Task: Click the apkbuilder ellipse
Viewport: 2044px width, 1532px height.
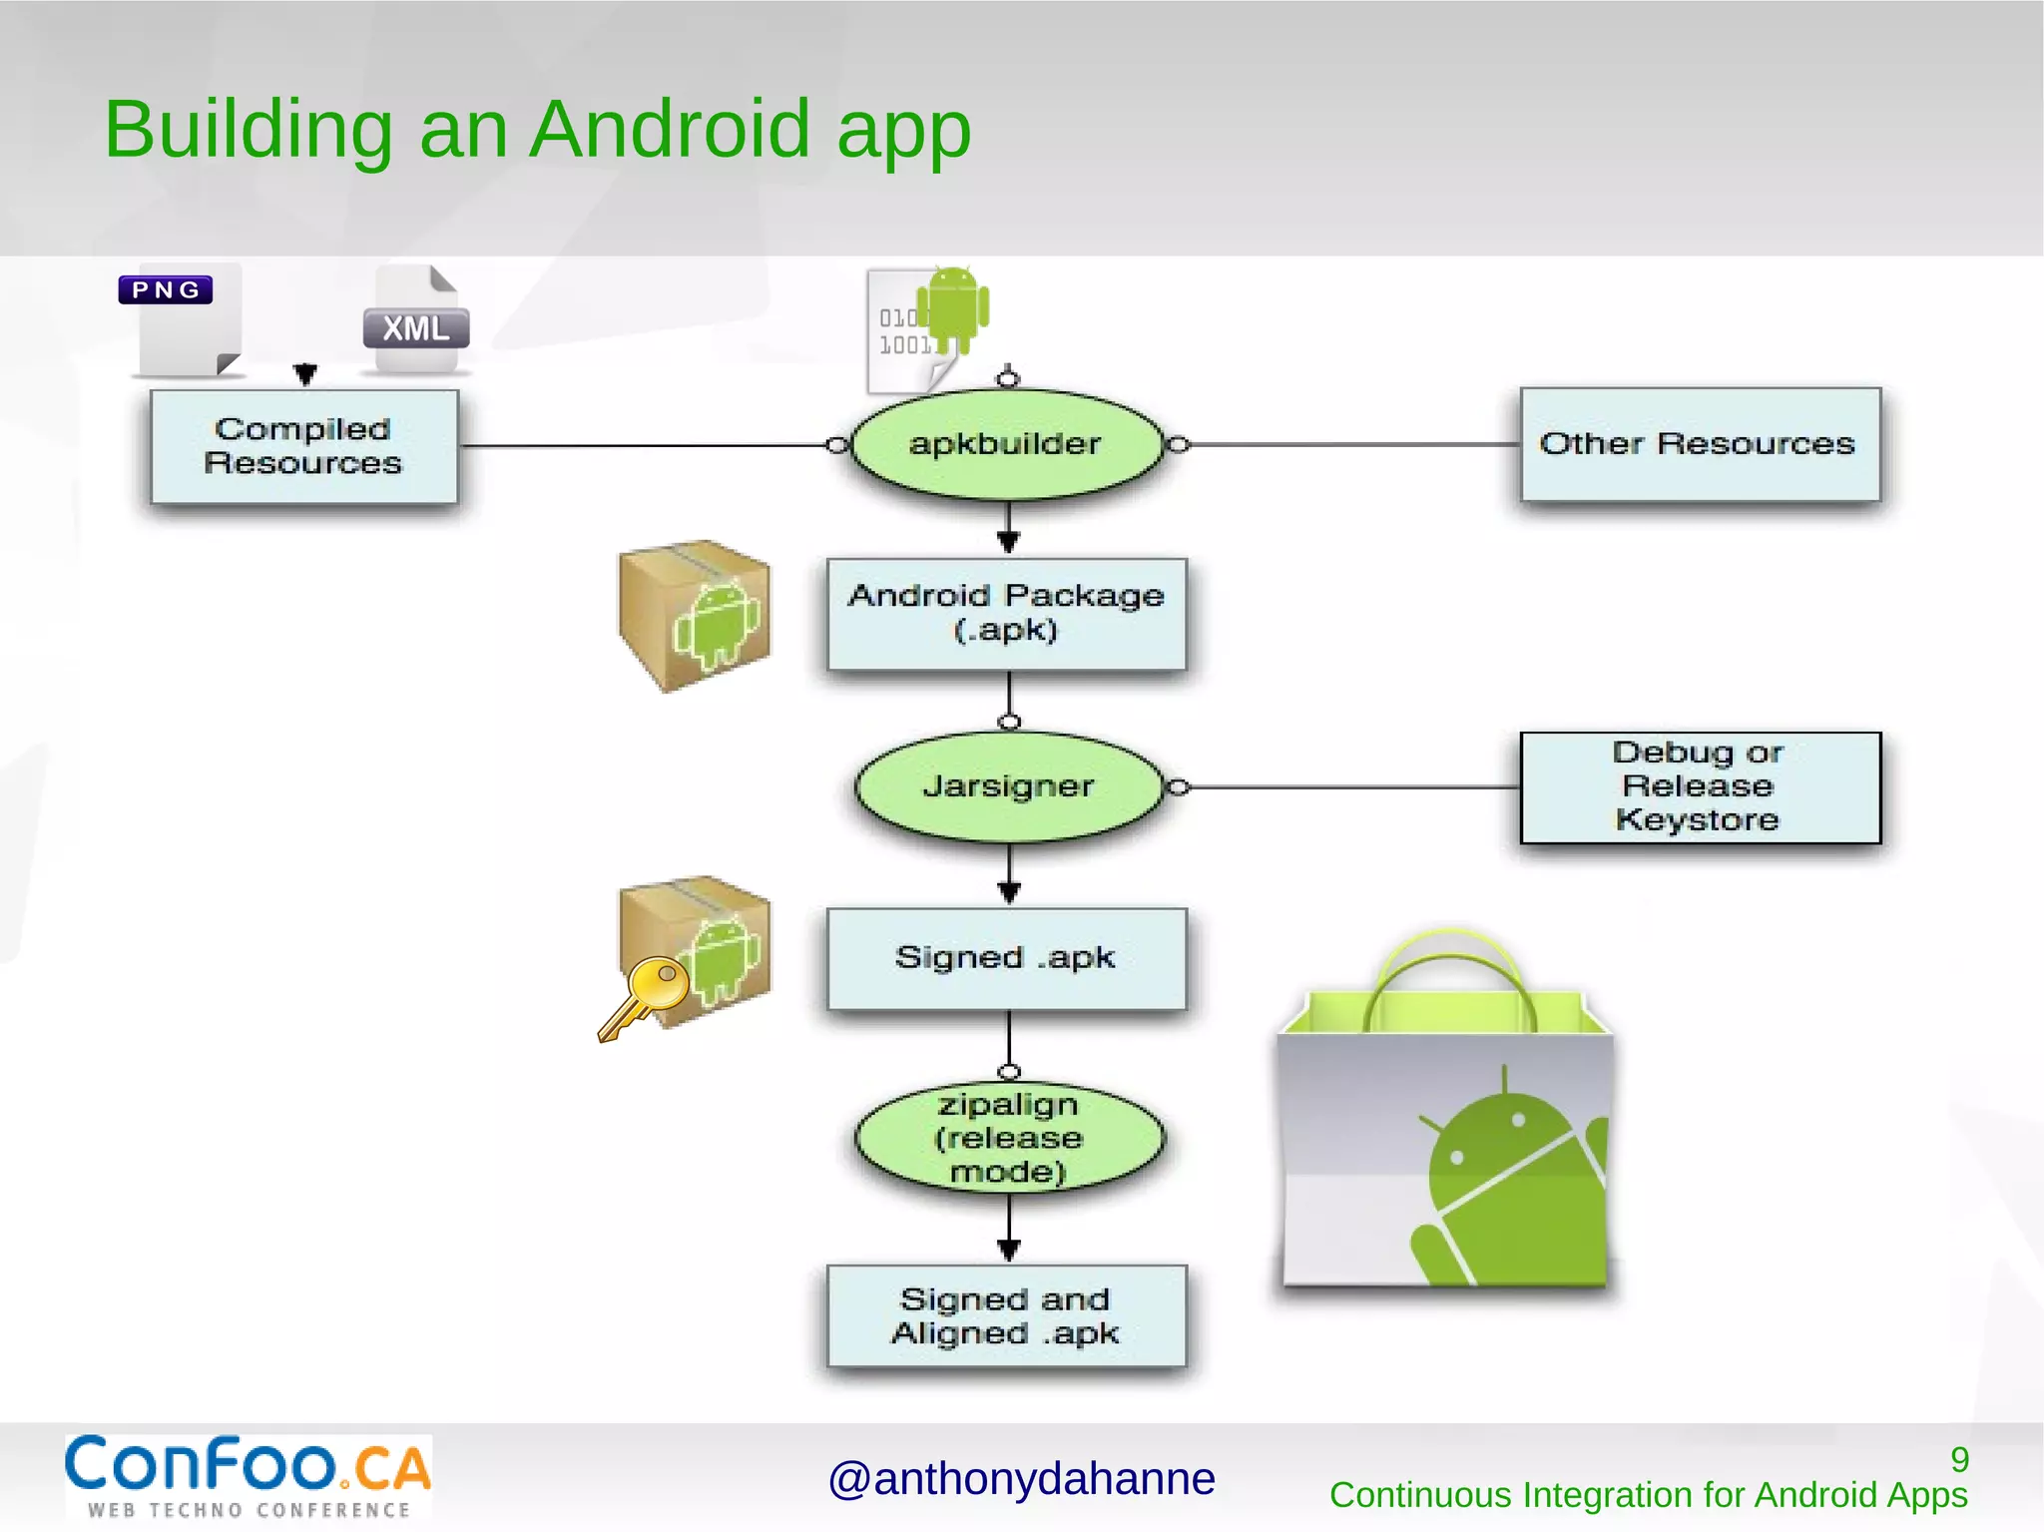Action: pos(1006,444)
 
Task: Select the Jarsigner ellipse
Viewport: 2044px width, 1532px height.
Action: pos(1008,786)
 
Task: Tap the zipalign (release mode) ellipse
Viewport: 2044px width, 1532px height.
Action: pos(1008,1138)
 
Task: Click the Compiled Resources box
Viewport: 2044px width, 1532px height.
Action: pos(303,446)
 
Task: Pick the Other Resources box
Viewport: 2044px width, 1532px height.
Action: pos(1699,444)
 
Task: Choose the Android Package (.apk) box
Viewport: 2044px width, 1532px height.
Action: pos(1006,613)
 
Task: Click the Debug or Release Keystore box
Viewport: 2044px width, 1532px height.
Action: pos(1699,786)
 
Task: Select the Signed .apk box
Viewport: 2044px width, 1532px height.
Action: pos(1006,958)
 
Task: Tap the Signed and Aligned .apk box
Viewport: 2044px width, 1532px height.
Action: pos(1006,1315)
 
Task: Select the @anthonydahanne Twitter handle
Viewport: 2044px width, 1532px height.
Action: pos(1021,1479)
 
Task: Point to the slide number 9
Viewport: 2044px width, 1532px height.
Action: pos(1959,1459)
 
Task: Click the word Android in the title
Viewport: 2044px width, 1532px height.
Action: pos(669,130)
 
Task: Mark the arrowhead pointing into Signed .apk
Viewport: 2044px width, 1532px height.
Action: pos(1009,892)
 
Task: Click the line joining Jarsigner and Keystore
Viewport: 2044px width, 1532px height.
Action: pos(1347,787)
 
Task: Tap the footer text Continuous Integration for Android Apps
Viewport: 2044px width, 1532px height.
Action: pos(1648,1495)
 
